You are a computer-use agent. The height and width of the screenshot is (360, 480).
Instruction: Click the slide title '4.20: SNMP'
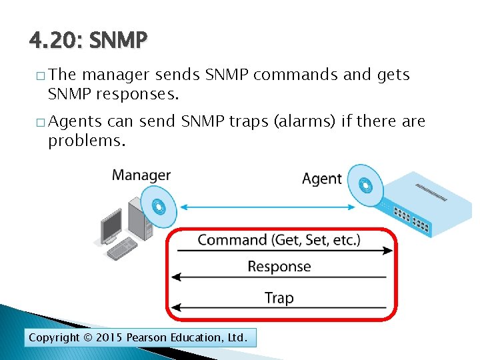point(87,41)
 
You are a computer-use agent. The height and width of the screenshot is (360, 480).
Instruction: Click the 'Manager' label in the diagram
point(141,175)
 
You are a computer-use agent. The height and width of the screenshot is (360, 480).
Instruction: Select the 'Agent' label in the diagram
point(322,179)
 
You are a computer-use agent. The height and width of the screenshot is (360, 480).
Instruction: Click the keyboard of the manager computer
point(122,249)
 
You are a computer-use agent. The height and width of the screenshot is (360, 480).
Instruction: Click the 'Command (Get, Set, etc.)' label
point(279,239)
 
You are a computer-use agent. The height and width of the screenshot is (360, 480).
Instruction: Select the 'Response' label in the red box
point(279,267)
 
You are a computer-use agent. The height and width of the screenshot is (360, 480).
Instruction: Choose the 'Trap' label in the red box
point(279,298)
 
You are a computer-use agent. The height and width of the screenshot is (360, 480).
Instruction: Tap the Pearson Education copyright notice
point(138,338)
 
